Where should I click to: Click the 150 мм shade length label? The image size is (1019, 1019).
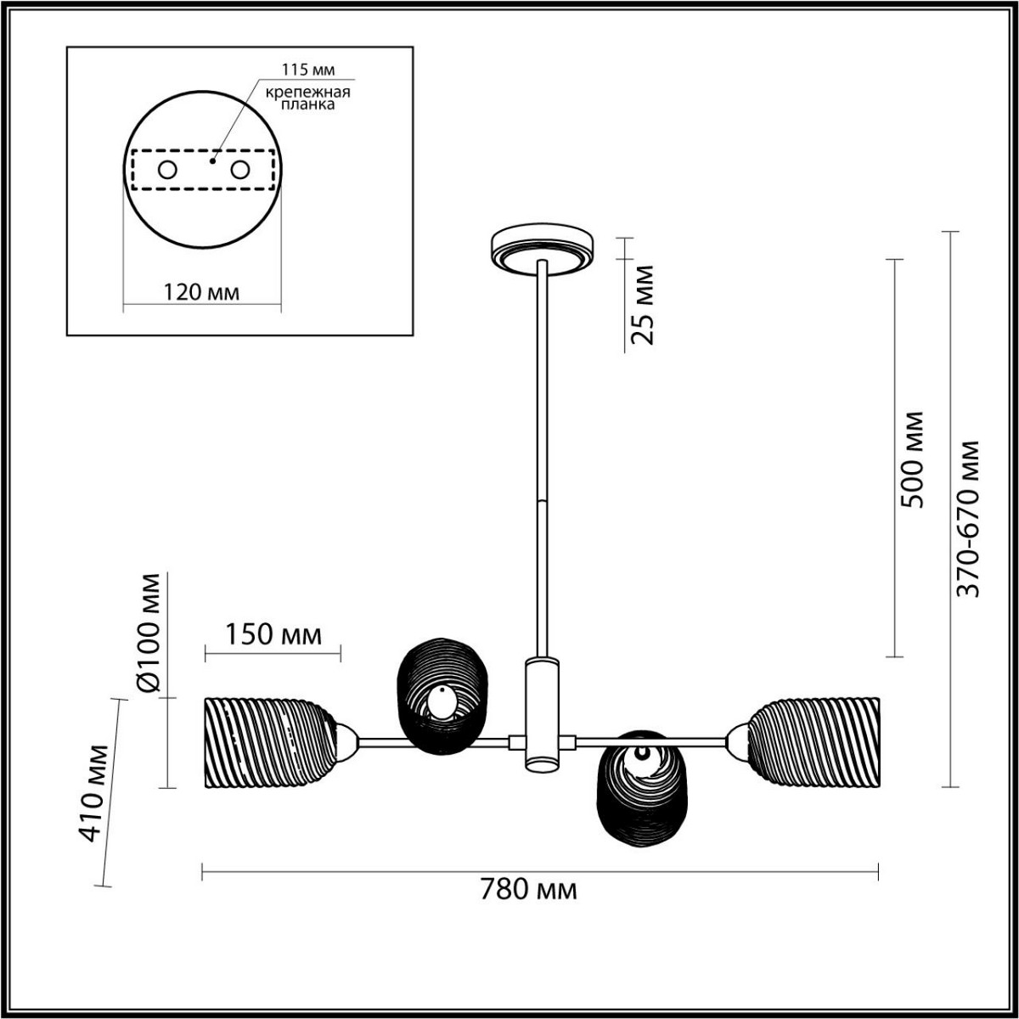273,633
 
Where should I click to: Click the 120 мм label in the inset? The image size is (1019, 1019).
201,292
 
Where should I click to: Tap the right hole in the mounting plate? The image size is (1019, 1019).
240,170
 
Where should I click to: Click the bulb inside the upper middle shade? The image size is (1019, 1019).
441,702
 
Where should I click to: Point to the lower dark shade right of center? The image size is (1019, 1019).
641,790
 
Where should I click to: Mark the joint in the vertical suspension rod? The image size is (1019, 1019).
541,501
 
